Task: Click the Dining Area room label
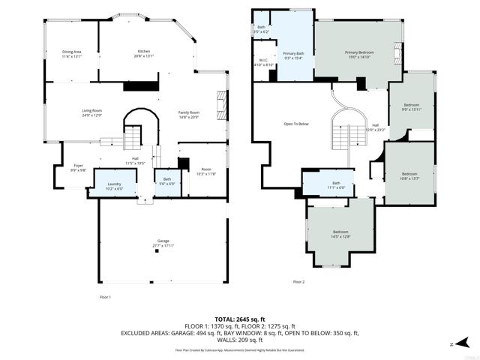click(72, 53)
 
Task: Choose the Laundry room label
click(114, 185)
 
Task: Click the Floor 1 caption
click(105, 297)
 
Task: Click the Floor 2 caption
click(298, 281)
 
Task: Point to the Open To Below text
click(296, 124)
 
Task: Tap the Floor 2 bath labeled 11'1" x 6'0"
click(336, 185)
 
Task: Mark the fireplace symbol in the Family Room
click(220, 104)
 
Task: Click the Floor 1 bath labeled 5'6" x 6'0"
click(166, 181)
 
